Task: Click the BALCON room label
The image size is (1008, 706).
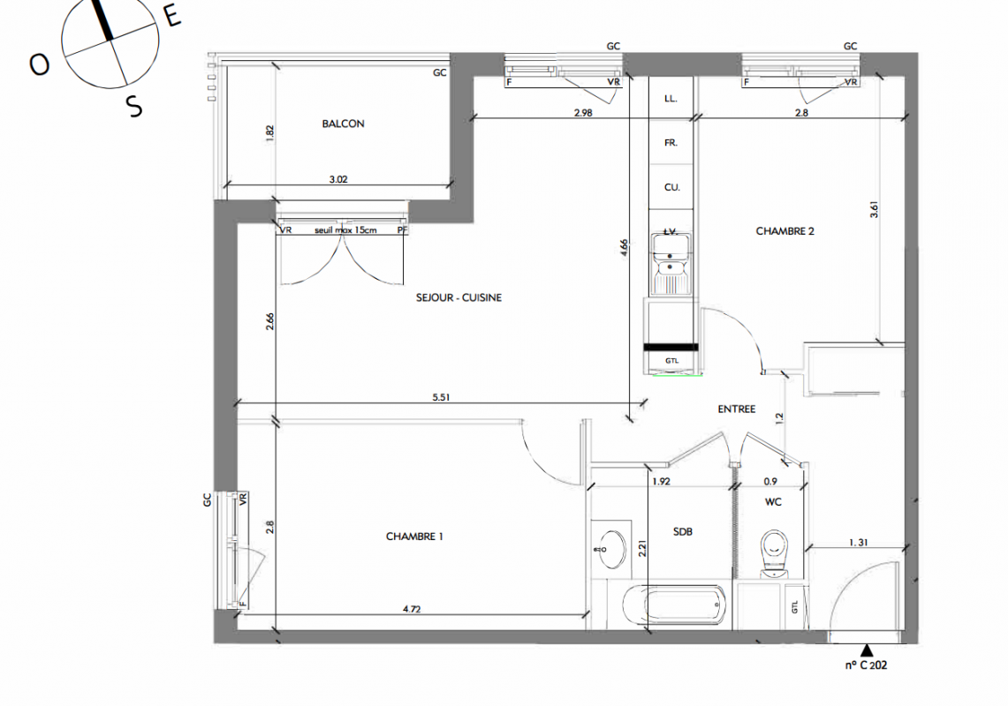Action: click(x=344, y=124)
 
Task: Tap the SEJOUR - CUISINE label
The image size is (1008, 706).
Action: click(x=459, y=297)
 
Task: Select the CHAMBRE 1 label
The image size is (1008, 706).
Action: click(x=414, y=537)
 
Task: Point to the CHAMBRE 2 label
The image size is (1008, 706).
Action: click(x=784, y=231)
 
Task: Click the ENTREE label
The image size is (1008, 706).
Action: click(x=737, y=409)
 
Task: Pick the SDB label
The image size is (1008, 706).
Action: click(x=683, y=532)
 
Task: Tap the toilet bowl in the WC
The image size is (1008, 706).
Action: click(x=773, y=553)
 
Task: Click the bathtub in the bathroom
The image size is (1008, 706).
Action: click(x=674, y=605)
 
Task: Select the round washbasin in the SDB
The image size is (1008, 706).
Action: click(x=611, y=550)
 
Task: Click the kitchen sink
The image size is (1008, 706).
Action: click(x=671, y=263)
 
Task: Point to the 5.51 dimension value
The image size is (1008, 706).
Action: click(x=441, y=397)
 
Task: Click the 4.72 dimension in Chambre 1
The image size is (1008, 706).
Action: click(x=412, y=608)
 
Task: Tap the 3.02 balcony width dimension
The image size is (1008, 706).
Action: click(x=338, y=179)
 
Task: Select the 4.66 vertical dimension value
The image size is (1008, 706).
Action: click(x=624, y=249)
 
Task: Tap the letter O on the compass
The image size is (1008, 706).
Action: click(x=40, y=64)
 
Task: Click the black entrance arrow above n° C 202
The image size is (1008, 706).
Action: click(x=867, y=650)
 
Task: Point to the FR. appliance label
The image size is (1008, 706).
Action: click(x=671, y=143)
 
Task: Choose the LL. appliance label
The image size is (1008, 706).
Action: click(x=671, y=98)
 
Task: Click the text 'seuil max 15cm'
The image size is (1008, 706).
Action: click(x=345, y=230)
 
